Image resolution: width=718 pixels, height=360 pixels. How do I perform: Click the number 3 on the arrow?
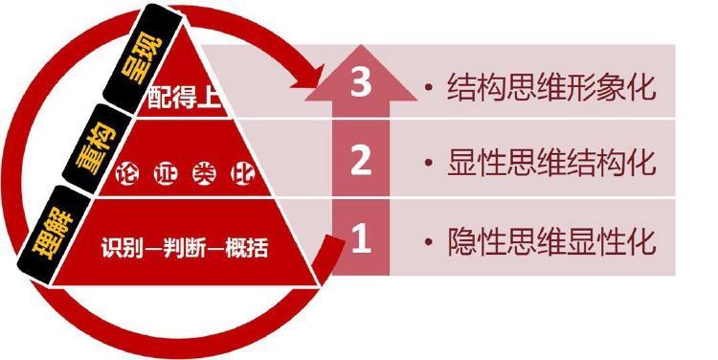[361, 84]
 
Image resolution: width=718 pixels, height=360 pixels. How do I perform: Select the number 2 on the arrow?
[361, 161]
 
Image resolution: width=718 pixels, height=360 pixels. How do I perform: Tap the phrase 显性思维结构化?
[551, 163]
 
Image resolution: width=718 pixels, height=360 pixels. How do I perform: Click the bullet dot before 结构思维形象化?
[429, 88]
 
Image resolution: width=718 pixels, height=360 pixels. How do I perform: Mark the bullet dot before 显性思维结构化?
[429, 164]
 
